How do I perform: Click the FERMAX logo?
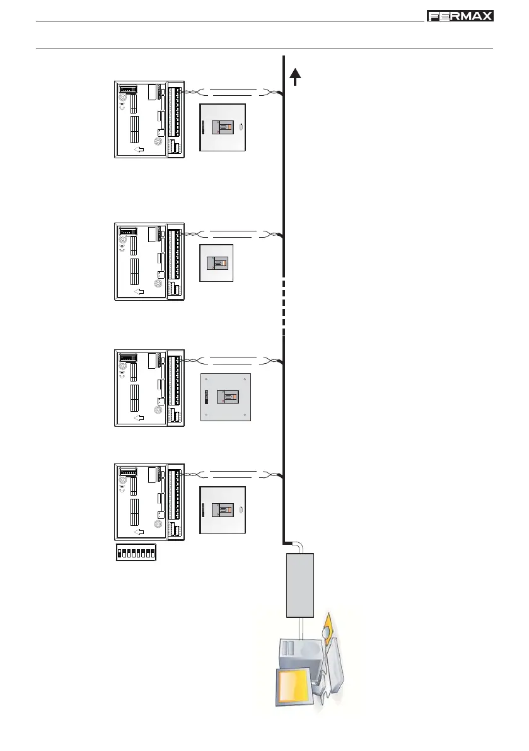pyautogui.click(x=460, y=16)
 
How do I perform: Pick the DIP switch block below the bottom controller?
pyautogui.click(x=136, y=553)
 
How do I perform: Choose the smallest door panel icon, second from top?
pyautogui.click(x=216, y=263)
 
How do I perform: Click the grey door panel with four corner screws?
pyautogui.click(x=226, y=397)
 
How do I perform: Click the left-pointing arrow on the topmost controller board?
pyautogui.click(x=139, y=149)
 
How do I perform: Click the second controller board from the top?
pyautogui.click(x=149, y=261)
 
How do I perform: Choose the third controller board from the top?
pyautogui.click(x=149, y=387)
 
